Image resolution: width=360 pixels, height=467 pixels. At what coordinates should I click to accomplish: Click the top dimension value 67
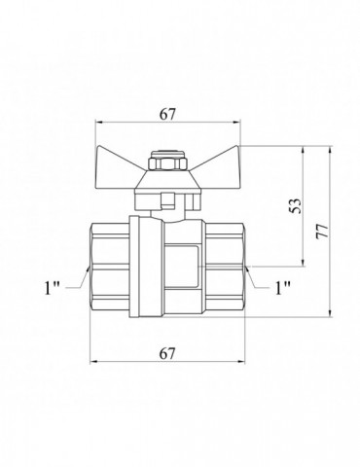pyautogui.click(x=167, y=114)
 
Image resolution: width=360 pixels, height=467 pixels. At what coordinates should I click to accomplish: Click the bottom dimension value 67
pyautogui.click(x=167, y=353)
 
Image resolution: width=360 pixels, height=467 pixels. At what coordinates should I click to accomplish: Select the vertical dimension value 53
pyautogui.click(x=296, y=205)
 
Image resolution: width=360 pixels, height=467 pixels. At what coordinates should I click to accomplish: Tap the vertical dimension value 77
pyautogui.click(x=323, y=232)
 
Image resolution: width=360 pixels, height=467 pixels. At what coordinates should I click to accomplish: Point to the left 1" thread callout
pyautogui.click(x=53, y=287)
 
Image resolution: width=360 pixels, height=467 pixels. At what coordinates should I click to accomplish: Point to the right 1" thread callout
pyautogui.click(x=282, y=287)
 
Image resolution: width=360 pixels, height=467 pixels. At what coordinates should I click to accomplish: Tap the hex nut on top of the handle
pyautogui.click(x=168, y=163)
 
